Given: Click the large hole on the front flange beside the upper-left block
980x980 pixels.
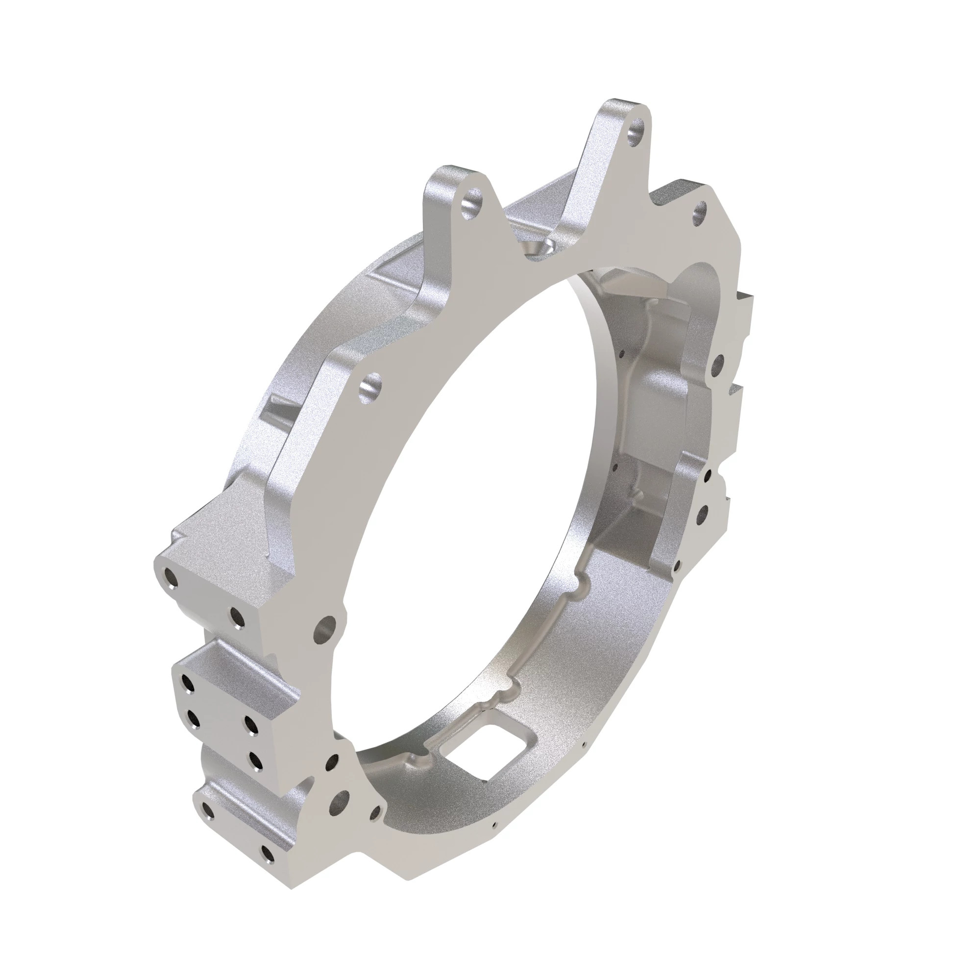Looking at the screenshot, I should click(325, 629).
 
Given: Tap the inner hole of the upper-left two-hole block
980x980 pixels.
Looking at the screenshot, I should click(236, 616).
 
